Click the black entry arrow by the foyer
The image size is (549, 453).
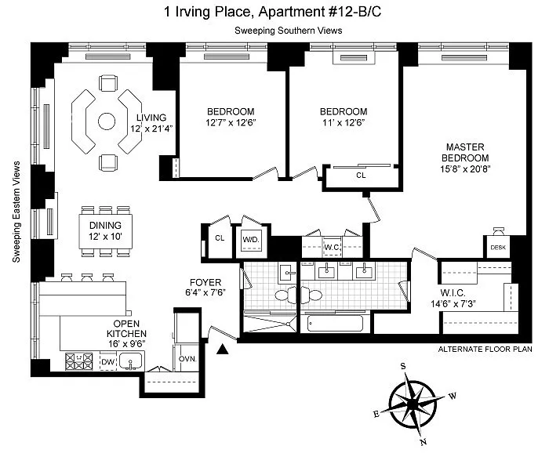[222, 349]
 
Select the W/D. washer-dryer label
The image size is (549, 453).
[251, 240]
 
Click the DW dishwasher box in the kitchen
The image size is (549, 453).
[108, 362]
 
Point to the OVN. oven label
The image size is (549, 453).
[187, 359]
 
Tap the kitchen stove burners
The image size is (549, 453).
[79, 361]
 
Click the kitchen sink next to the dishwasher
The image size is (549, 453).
[130, 361]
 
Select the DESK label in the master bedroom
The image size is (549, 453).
[498, 248]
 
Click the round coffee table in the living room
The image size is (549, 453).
[107, 121]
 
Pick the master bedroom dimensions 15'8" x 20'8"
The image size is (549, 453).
[465, 169]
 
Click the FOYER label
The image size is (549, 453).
[205, 282]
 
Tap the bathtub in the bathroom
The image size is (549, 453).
[335, 323]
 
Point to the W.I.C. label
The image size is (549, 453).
[453, 293]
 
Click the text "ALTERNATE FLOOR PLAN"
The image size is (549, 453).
[485, 349]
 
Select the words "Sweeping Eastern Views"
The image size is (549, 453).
[16, 212]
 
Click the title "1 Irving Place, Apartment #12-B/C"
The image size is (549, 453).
[272, 12]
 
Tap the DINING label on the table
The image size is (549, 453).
[105, 225]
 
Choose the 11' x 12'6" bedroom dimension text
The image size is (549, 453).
[344, 123]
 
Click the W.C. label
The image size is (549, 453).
[332, 248]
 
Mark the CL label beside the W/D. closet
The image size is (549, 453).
[220, 238]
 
